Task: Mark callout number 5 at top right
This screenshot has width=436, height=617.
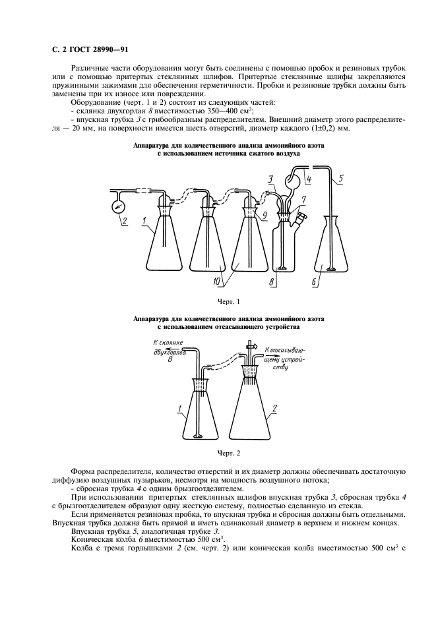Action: point(340,178)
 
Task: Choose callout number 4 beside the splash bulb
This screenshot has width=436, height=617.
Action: point(308,178)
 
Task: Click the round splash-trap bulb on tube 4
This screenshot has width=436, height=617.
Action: point(292,180)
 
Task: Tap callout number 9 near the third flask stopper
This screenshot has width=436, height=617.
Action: point(264,214)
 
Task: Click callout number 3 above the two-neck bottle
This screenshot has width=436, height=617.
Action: point(270,178)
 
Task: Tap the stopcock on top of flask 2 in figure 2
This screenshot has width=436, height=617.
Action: point(251,345)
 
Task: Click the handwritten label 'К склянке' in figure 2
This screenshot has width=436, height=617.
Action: point(168,343)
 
